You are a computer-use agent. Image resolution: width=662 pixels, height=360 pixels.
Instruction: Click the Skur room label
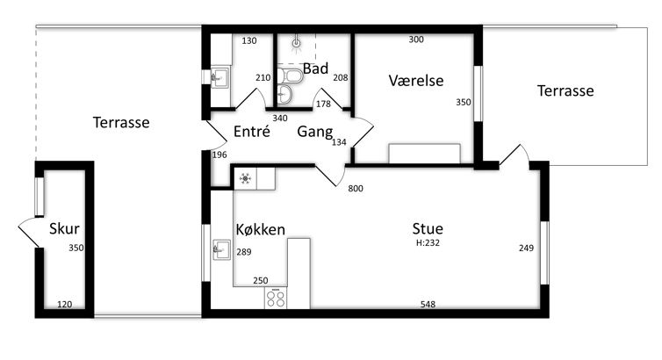click(64, 228)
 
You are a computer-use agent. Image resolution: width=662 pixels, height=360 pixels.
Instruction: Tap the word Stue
click(428, 228)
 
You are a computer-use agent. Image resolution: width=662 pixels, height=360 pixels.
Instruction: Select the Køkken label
click(261, 229)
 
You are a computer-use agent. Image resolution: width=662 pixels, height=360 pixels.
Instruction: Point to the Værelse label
click(416, 80)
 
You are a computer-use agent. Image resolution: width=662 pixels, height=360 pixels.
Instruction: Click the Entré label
click(252, 131)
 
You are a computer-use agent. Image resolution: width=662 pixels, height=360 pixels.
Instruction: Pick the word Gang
click(315, 132)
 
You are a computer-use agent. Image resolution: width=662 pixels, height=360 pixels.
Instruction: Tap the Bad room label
click(315, 68)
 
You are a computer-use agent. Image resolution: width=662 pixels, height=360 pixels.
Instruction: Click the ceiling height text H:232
click(428, 242)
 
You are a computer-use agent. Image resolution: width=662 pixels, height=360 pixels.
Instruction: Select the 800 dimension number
click(356, 189)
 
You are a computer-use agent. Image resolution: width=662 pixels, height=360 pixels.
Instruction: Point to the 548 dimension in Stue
click(428, 305)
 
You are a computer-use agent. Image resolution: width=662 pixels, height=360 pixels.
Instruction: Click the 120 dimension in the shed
click(65, 305)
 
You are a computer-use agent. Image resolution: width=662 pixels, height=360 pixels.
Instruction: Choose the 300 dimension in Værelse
click(416, 40)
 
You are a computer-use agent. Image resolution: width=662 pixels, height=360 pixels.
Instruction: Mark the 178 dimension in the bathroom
click(323, 104)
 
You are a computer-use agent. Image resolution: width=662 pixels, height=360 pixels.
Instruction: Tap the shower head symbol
click(297, 43)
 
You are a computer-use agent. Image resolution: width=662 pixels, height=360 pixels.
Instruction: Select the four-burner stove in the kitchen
click(276, 298)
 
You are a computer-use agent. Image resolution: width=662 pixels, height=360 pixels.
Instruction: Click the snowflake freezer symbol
click(245, 178)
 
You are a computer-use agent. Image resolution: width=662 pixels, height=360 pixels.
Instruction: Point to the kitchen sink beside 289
click(221, 249)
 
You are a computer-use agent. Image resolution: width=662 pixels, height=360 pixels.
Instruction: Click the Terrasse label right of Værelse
click(565, 90)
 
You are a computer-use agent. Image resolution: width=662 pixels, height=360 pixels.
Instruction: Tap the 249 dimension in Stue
click(526, 248)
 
